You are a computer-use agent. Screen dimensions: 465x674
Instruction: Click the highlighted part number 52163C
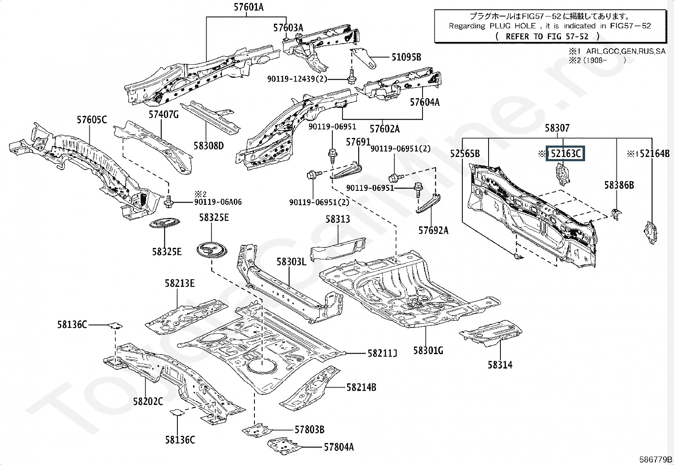click(566, 154)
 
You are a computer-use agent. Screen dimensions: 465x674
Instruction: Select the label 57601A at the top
click(248, 7)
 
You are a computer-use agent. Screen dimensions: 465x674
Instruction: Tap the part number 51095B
click(406, 57)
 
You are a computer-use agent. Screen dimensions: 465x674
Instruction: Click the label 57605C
click(92, 120)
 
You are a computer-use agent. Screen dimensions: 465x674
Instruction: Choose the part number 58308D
click(208, 146)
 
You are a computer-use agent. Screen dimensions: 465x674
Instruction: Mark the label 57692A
click(433, 230)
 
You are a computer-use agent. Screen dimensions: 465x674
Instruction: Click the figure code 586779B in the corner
click(655, 459)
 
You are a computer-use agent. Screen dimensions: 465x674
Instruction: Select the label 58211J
click(382, 353)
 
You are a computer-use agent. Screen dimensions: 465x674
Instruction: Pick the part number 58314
click(500, 364)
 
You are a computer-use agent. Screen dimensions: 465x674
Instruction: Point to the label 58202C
click(148, 401)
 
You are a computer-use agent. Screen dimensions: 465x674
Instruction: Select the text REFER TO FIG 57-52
click(547, 36)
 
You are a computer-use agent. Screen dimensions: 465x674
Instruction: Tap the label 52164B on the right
click(655, 154)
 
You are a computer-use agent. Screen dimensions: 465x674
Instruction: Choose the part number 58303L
click(291, 262)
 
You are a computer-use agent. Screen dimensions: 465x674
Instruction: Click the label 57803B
click(309, 429)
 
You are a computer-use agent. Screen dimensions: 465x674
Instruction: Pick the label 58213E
click(180, 283)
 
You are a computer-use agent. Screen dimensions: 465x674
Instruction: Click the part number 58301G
click(428, 350)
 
